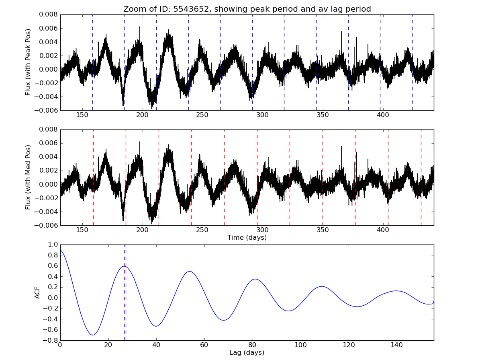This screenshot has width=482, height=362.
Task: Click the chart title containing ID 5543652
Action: pyautogui.click(x=247, y=9)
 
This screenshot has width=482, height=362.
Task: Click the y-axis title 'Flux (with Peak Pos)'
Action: pyautogui.click(x=28, y=62)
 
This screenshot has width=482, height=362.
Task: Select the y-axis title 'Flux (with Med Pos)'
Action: pyautogui.click(x=28, y=177)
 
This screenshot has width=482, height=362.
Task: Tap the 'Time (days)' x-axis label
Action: pyautogui.click(x=247, y=238)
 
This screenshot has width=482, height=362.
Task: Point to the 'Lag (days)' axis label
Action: pyautogui.click(x=247, y=353)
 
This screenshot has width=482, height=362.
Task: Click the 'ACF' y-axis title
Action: pyautogui.click(x=37, y=292)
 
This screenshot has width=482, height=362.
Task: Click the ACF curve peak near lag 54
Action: pyautogui.click(x=190, y=271)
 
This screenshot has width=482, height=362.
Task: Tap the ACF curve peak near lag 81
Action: pyautogui.click(x=255, y=279)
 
